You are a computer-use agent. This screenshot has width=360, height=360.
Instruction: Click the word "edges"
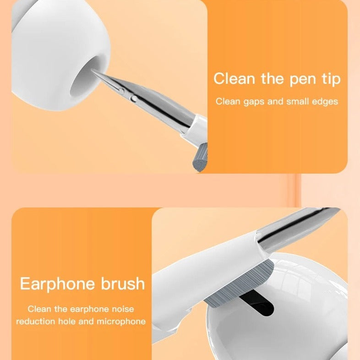pyautogui.click(x=324, y=101)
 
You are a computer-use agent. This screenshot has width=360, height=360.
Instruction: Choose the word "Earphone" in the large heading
pyautogui.click(x=56, y=284)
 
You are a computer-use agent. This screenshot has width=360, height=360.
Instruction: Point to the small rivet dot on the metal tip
pyautogui.click(x=133, y=98)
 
